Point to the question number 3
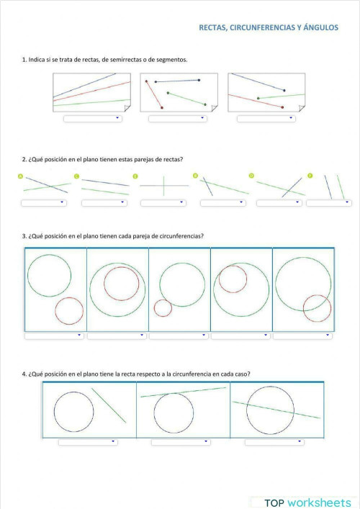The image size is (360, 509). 24,236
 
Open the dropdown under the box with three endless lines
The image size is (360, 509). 92,119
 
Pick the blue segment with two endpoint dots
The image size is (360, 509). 177,81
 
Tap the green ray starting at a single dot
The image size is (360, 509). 281,96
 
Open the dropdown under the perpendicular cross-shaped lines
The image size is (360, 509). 163,203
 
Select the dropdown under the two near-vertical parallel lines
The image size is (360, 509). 328,203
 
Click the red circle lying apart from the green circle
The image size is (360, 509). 69,311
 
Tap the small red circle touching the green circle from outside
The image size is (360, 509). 163,308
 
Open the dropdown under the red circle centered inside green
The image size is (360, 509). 117,335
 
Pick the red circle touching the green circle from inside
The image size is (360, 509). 233,279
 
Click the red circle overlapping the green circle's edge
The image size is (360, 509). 317,308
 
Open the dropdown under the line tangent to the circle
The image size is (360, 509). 180,442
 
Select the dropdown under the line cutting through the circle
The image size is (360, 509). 274,442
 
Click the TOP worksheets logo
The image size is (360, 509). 302,503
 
